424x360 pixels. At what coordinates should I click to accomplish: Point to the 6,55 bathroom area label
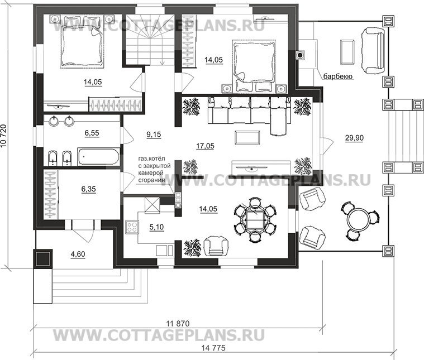pos(90,135)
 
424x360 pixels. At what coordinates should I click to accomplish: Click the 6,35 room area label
pos(89,189)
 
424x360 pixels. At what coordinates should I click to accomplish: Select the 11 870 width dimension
pos(178,324)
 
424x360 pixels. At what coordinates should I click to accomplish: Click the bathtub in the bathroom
pos(99,156)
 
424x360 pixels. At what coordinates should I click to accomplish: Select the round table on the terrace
pos(358,219)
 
